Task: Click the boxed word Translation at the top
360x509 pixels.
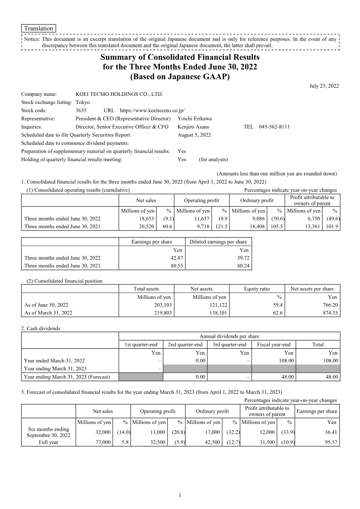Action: point(39,28)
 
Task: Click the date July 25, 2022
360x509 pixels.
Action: point(324,86)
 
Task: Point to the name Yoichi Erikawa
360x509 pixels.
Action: point(195,118)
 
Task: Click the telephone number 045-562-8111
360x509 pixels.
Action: point(274,127)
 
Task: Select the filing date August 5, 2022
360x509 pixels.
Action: point(194,135)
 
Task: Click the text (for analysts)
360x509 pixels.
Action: point(213,159)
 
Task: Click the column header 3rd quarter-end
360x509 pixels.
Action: point(229,345)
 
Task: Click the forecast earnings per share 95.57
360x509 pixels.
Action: point(329,442)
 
